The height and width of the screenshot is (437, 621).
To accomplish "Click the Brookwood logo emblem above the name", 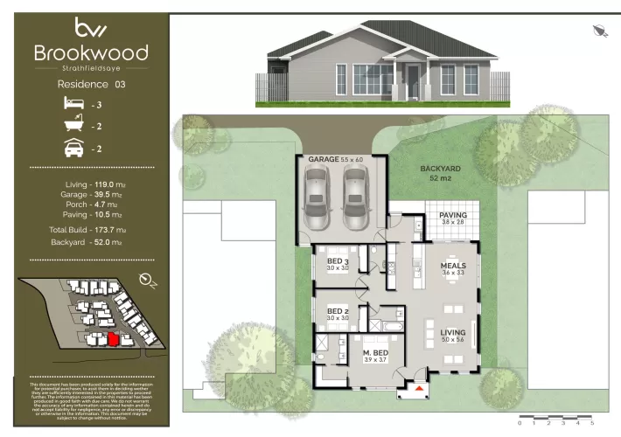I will pyautogui.click(x=91, y=27).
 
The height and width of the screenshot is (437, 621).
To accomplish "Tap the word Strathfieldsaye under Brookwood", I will pyautogui.click(x=91, y=67).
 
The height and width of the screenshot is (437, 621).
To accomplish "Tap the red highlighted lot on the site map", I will pyautogui.click(x=110, y=339).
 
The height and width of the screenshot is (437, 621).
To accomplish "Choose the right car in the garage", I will pyautogui.click(x=354, y=196).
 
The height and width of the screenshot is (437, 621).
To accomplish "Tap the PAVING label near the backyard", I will pyautogui.click(x=453, y=215).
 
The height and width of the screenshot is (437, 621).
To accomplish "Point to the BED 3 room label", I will pyautogui.click(x=338, y=261).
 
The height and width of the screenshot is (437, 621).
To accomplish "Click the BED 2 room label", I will pyautogui.click(x=338, y=311).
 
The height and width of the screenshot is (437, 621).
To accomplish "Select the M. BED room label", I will pyautogui.click(x=375, y=353).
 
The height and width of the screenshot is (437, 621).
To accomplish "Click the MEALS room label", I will pyautogui.click(x=453, y=266).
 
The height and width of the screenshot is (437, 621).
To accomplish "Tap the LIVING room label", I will pyautogui.click(x=453, y=332).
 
